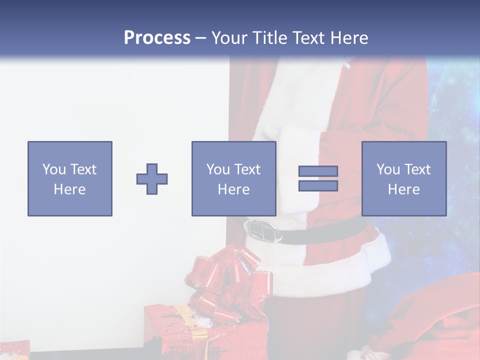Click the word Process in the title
157,38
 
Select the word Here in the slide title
348,38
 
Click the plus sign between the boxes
152,179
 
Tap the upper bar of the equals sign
318,171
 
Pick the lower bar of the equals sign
318,185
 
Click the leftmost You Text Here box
69,178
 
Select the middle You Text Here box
233,178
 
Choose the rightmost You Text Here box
404,178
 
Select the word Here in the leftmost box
69,189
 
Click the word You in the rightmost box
388,169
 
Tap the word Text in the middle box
247,169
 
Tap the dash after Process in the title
200,38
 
